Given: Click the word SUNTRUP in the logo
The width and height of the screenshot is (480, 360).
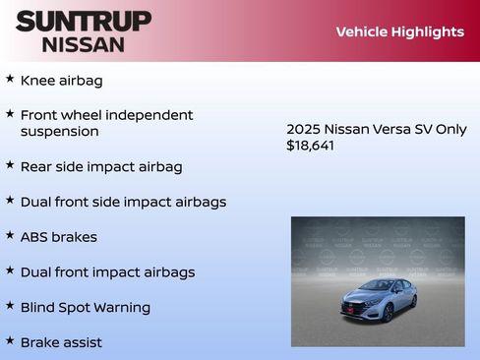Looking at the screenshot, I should coord(84,21).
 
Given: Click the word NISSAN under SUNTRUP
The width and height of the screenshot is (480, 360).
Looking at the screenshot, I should coord(84,44).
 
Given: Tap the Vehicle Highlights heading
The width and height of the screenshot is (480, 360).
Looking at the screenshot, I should coord(399,31).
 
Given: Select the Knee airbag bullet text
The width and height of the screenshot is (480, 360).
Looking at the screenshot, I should coord(61,81).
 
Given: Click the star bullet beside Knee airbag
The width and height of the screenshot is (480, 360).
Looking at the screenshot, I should coord(10,79).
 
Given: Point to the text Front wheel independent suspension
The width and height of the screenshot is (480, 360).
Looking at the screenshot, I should coord(106,123).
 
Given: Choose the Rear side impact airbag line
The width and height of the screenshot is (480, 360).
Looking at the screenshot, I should coord(101,166).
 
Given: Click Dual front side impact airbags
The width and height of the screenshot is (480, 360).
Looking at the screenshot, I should coord(123,202).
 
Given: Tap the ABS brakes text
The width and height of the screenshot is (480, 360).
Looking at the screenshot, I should coord(58,237).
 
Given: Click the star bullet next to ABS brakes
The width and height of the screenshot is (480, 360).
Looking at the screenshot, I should coord(10,235).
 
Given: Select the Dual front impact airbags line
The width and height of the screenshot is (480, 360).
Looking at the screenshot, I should coord(107,272).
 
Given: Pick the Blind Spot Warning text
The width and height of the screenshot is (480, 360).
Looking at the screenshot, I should coord(86,308).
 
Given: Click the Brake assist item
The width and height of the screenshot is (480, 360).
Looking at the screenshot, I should coord(61,342).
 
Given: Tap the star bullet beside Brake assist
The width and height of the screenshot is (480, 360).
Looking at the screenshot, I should coord(10,340).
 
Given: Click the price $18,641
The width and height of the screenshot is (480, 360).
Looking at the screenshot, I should coord(311,145).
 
